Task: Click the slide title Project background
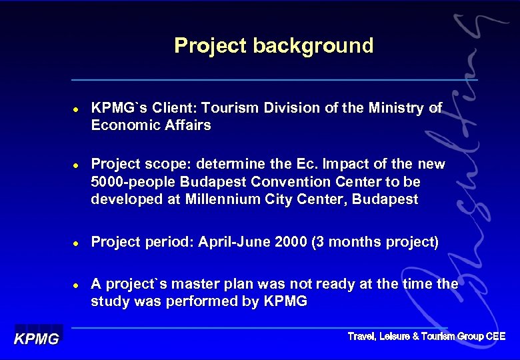(273, 46)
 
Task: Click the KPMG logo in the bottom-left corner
(37, 339)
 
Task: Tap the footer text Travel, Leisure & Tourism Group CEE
(426, 337)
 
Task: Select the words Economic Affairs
(151, 125)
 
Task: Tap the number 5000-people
(132, 181)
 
